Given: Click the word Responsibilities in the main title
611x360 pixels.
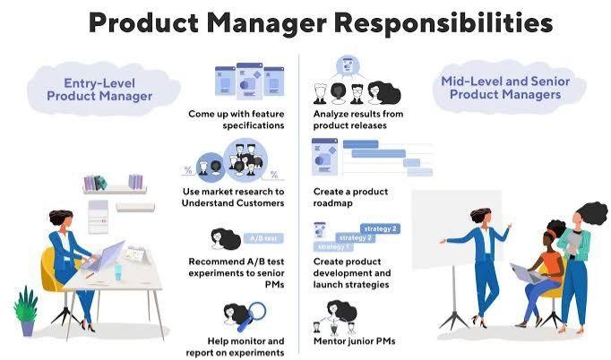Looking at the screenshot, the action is [443, 23].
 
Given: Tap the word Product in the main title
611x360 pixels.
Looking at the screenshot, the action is [143, 22].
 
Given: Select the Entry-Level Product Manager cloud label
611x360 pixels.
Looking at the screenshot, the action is [99, 90].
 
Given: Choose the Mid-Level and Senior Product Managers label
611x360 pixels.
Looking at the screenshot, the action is [505, 88].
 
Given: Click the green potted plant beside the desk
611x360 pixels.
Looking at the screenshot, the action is [26, 311].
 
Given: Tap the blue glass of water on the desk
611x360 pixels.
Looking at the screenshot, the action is [118, 272].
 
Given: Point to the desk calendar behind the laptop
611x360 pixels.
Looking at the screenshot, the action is [136, 255].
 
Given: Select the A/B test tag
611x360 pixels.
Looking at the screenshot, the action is [263, 238].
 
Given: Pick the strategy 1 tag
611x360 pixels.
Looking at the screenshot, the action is [332, 246].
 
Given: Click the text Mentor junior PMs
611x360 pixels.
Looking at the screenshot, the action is [354, 341].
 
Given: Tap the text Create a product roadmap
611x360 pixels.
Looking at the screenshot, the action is [350, 197].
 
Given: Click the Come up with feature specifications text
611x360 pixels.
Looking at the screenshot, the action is [237, 120].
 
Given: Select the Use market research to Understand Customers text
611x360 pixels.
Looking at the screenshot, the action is [233, 197].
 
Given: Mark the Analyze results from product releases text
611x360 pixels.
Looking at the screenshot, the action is [358, 120].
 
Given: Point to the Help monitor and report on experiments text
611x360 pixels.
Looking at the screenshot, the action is [235, 347].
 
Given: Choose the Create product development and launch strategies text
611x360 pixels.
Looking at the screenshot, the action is [352, 273].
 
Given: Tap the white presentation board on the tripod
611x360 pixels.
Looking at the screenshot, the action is [456, 230].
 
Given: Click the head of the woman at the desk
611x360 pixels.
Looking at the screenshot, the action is [62, 219].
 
